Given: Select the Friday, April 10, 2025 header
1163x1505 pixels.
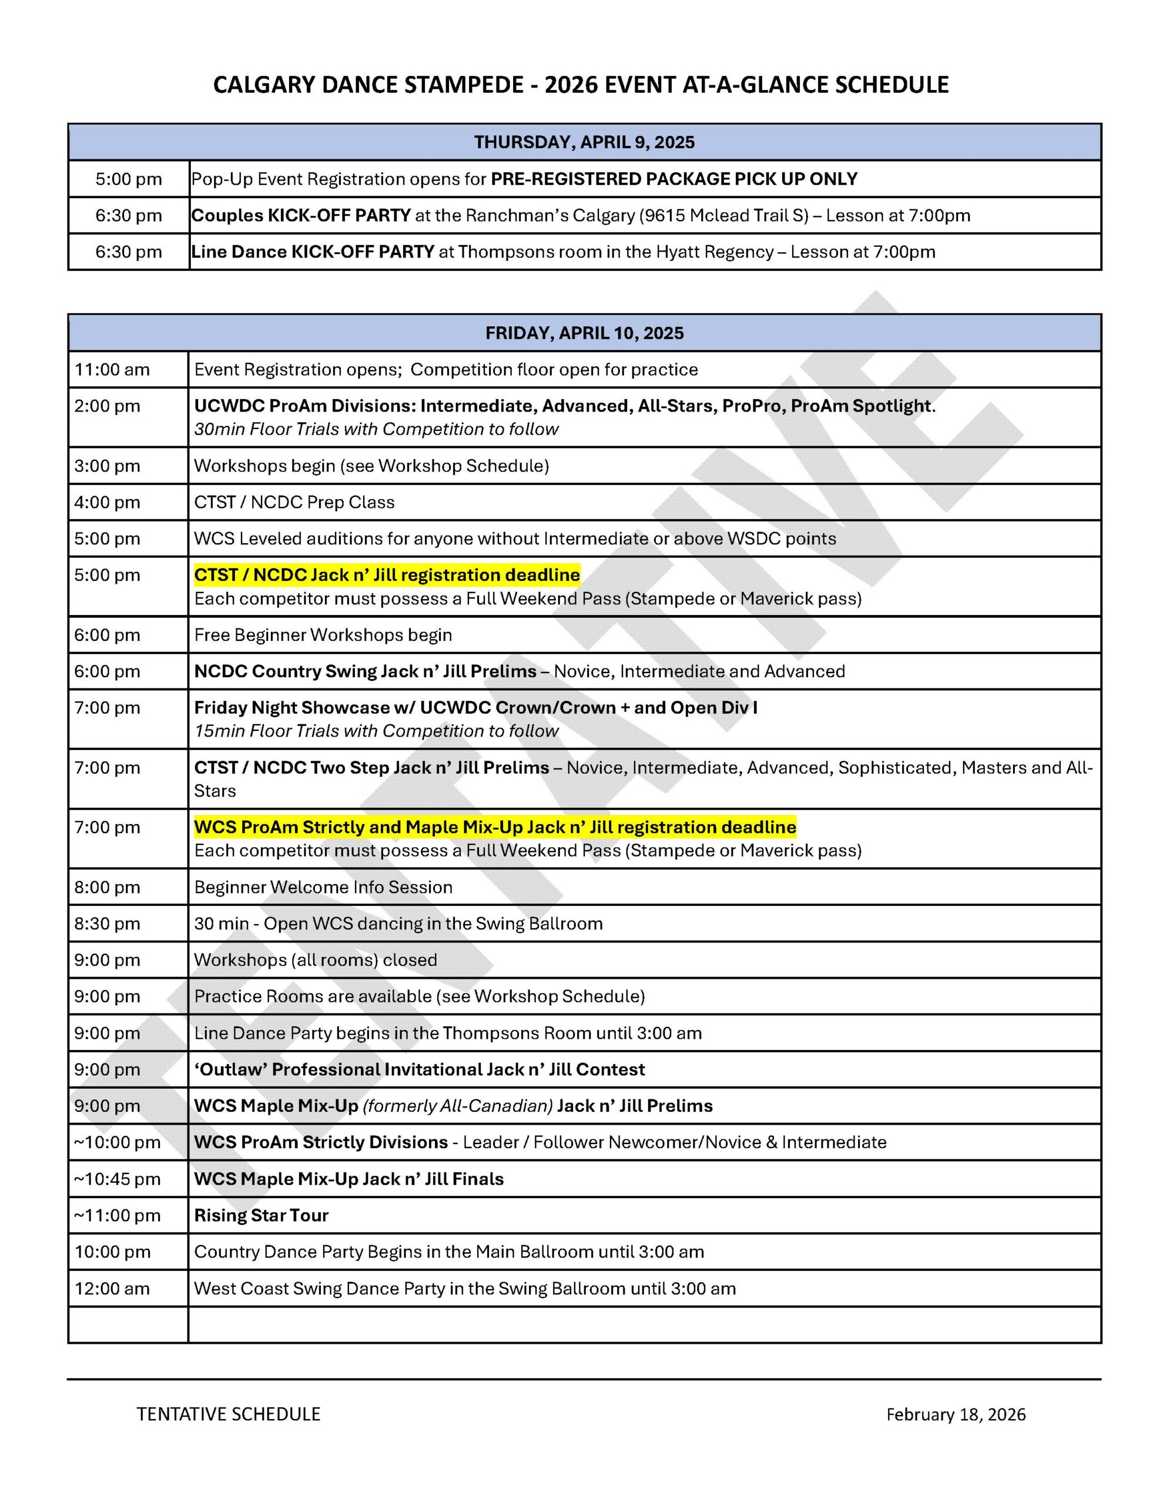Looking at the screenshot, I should [x=584, y=333].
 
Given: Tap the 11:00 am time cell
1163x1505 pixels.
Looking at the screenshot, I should [x=112, y=370].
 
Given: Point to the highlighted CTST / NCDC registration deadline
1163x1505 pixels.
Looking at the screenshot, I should [x=387, y=576].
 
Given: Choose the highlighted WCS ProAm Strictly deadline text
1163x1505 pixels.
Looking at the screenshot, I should [x=495, y=828].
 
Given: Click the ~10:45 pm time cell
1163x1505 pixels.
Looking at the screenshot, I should [x=117, y=1179].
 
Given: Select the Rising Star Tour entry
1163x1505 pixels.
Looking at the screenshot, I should [x=261, y=1216].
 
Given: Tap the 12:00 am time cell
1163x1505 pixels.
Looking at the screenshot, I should [x=112, y=1289].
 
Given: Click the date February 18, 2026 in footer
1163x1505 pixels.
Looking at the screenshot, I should [x=956, y=1414].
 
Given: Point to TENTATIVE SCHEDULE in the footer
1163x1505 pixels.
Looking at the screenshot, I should [x=229, y=1414].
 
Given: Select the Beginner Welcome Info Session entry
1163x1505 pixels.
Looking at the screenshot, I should [x=323, y=888].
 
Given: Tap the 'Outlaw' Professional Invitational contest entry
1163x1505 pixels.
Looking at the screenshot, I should [x=420, y=1069].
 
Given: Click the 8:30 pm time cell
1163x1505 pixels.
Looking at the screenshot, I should [x=108, y=924].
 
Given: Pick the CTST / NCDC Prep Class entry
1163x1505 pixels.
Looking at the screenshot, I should [x=294, y=503].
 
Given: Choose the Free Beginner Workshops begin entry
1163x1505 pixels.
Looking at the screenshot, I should [x=323, y=636].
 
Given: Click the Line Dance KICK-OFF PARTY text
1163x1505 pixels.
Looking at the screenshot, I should [x=313, y=252].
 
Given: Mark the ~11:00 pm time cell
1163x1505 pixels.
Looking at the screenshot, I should [x=117, y=1216].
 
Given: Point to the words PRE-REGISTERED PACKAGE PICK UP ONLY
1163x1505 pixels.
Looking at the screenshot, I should [x=674, y=179].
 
